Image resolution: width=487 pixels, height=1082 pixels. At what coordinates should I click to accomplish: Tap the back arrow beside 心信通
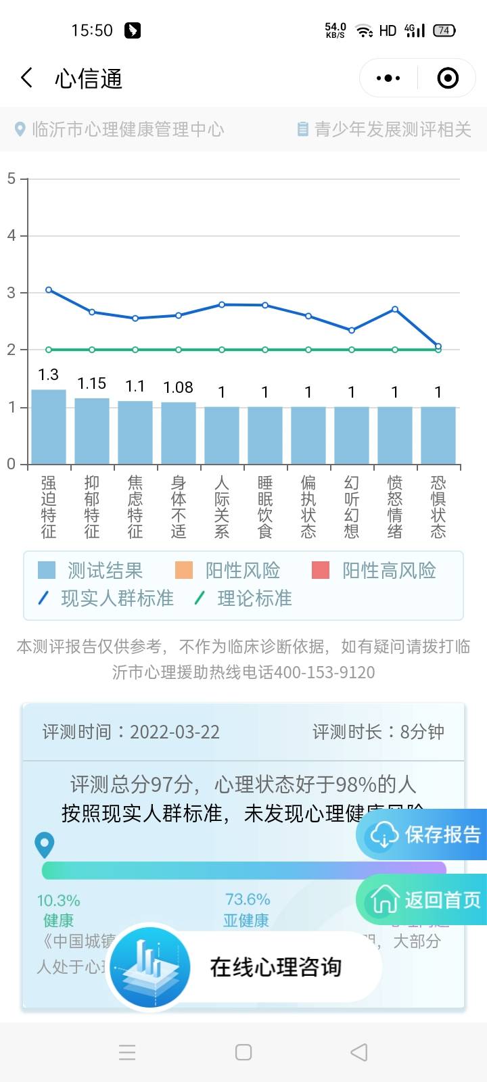point(27,78)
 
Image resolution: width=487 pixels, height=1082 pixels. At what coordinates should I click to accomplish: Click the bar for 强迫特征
point(49,427)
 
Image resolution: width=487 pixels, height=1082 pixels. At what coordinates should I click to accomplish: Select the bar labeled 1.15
point(92,431)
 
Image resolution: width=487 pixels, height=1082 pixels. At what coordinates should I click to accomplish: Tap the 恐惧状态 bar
point(438,436)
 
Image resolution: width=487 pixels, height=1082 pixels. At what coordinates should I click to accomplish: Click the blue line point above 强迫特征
point(49,289)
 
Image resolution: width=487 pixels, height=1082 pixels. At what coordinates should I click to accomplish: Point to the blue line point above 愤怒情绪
point(395,310)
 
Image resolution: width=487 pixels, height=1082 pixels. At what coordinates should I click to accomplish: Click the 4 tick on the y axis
point(11,236)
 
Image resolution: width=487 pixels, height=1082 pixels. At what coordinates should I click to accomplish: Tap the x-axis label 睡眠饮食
point(265,507)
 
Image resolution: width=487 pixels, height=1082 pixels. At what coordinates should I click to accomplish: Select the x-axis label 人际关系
point(222,507)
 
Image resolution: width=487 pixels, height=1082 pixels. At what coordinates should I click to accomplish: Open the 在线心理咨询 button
point(275,967)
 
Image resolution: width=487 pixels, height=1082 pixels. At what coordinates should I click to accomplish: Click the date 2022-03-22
point(175,732)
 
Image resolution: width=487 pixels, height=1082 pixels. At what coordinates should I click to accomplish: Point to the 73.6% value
point(248,899)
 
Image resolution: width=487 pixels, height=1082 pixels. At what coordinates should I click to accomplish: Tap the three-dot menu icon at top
point(388,78)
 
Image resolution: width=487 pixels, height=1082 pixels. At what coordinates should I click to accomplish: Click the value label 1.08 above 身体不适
point(179,387)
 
